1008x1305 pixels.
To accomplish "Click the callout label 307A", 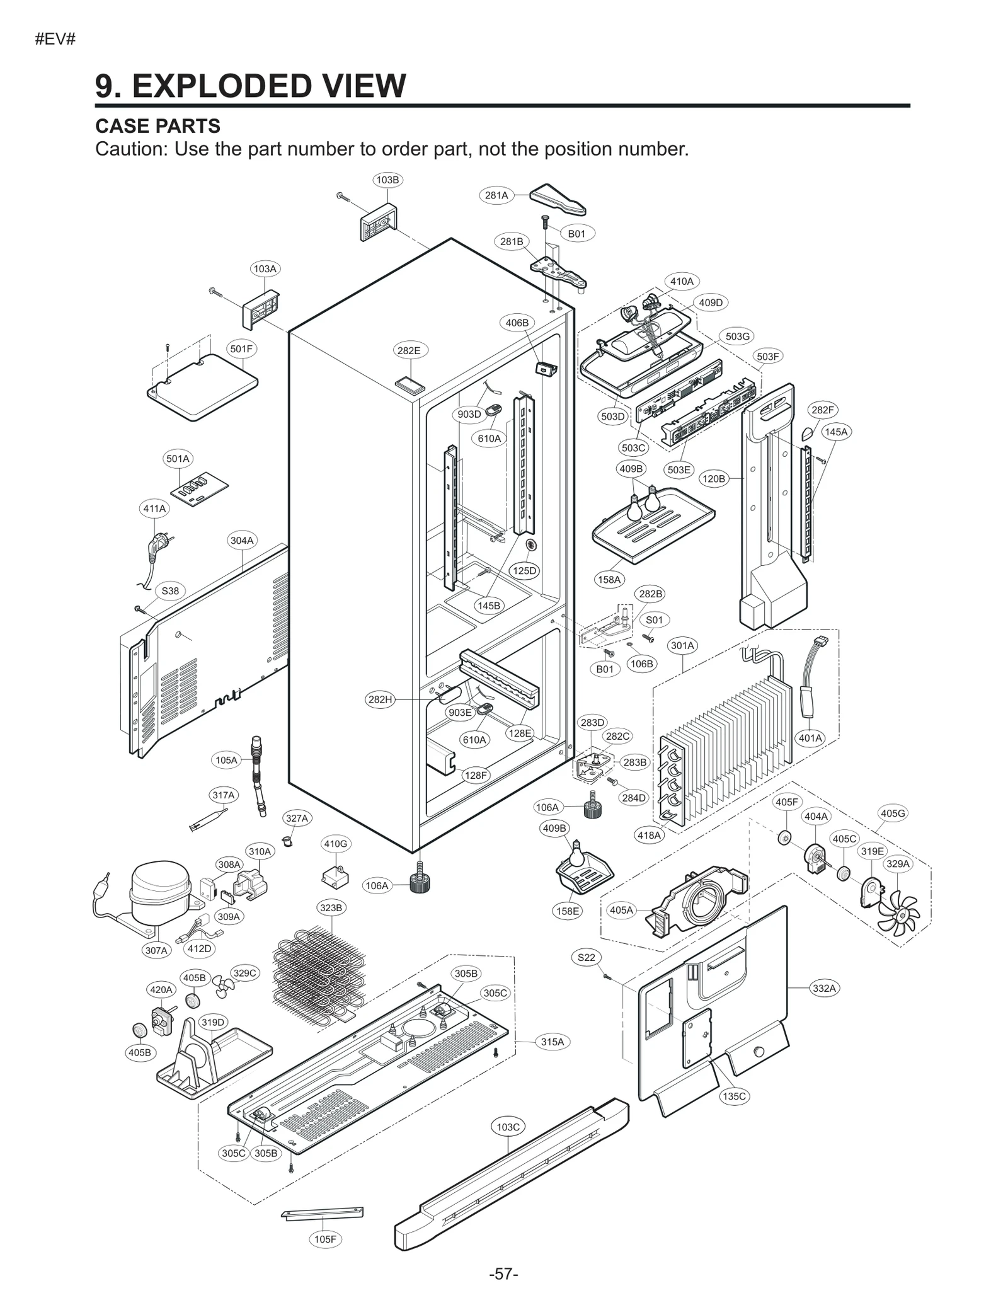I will pyautogui.click(x=156, y=950).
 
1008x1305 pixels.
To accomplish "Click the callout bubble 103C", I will pyautogui.click(x=508, y=1127).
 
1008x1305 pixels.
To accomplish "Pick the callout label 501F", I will pyautogui.click(x=242, y=348).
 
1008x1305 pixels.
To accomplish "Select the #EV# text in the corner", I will pyautogui.click(x=55, y=39).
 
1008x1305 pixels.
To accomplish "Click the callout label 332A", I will pyautogui.click(x=824, y=988).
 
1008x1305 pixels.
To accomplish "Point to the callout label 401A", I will pyautogui.click(x=810, y=738).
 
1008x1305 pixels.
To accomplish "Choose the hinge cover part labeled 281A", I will pyautogui.click(x=558, y=200).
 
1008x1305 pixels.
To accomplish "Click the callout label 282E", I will pyautogui.click(x=408, y=350).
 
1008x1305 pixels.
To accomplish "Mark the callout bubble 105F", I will pyautogui.click(x=325, y=1239).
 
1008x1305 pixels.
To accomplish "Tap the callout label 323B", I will pyautogui.click(x=331, y=908).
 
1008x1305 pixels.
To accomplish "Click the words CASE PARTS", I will pyautogui.click(x=157, y=126).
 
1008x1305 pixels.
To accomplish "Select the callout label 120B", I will pyautogui.click(x=713, y=479).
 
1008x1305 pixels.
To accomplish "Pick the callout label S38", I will pyautogui.click(x=170, y=591).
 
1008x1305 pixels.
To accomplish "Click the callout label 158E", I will pyautogui.click(x=568, y=911).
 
